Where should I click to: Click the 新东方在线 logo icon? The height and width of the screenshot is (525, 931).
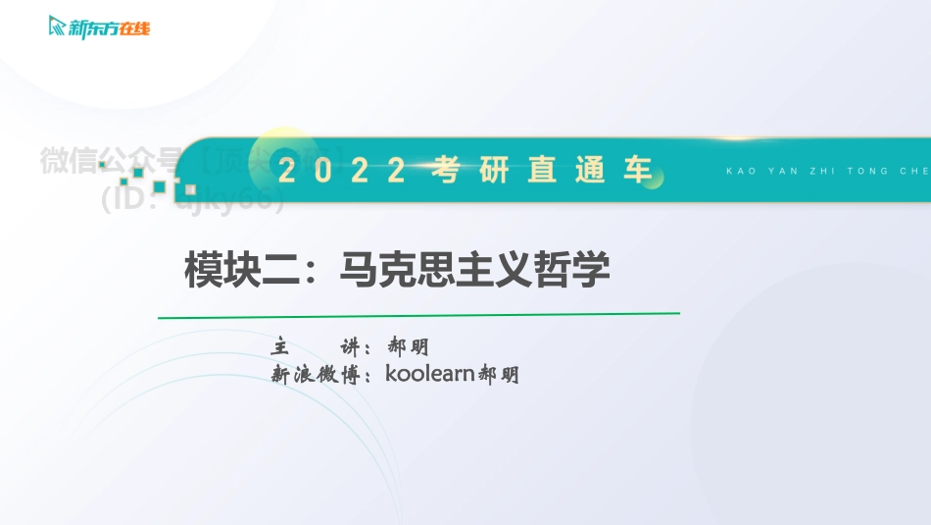tap(58, 26)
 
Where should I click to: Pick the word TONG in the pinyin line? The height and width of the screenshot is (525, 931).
tap(866, 171)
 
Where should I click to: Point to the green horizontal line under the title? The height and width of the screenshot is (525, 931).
tap(418, 316)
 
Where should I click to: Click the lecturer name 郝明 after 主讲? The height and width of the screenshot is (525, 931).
tap(409, 347)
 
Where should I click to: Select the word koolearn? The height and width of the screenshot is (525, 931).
tap(430, 374)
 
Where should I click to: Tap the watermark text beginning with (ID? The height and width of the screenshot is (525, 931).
tap(192, 199)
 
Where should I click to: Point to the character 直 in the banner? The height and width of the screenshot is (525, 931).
tap(542, 171)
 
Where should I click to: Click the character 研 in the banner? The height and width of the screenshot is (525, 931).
tap(494, 171)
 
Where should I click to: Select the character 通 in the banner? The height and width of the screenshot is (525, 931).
tap(590, 171)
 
